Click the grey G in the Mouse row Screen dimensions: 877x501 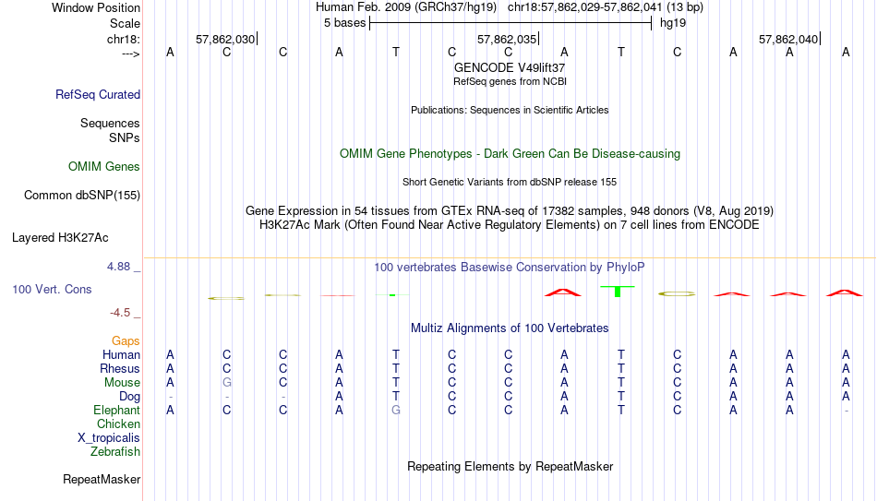[x=226, y=383]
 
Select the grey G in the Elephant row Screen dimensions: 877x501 [x=395, y=410]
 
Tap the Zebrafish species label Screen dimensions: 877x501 [x=115, y=451]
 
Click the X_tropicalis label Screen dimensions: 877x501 [x=109, y=438]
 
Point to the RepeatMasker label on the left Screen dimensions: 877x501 [x=102, y=479]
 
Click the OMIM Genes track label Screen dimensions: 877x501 [x=104, y=167]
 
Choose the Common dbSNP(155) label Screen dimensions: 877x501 [x=81, y=196]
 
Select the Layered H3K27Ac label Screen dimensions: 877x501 [x=60, y=238]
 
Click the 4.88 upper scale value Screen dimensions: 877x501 [x=118, y=267]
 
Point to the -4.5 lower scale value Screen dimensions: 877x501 [x=120, y=313]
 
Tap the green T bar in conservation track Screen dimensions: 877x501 [x=618, y=292]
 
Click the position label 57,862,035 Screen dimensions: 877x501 [x=507, y=39]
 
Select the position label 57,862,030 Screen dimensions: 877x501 [x=225, y=39]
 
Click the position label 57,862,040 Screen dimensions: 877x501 [x=788, y=39]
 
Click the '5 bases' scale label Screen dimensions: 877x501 [x=344, y=23]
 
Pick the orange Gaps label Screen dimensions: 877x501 [x=126, y=341]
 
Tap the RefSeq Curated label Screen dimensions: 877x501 [x=98, y=94]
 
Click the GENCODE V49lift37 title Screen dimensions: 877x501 [x=510, y=67]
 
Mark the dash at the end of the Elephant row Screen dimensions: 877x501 [x=846, y=411]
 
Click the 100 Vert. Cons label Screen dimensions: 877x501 [x=52, y=289]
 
